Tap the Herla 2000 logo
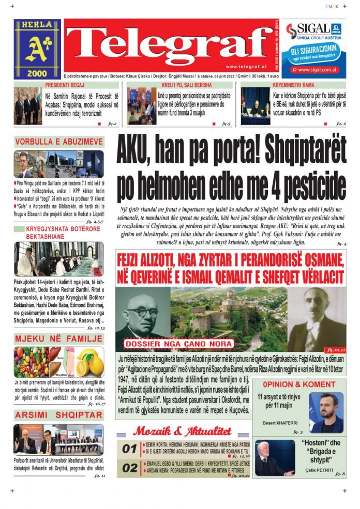(x=37, y=49)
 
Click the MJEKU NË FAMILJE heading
(x=58, y=339)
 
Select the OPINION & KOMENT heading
(x=298, y=384)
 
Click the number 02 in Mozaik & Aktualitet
(x=129, y=469)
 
